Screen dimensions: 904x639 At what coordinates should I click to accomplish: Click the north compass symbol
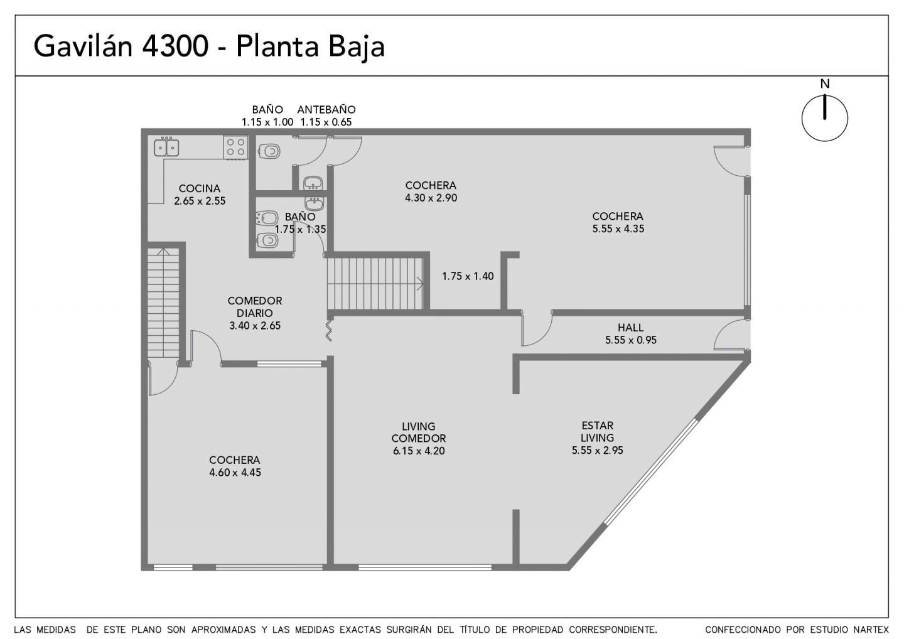(x=824, y=117)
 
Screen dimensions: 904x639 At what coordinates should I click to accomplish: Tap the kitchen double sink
(x=166, y=148)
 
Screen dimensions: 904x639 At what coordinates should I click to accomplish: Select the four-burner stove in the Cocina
(x=235, y=148)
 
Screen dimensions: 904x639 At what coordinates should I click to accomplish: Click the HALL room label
(x=630, y=328)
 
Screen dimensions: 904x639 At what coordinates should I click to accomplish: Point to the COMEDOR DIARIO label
(x=255, y=306)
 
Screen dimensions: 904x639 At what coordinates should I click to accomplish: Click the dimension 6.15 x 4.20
(x=419, y=451)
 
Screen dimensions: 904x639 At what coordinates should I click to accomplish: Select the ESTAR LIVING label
(x=597, y=432)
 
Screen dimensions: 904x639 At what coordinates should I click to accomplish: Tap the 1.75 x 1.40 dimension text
(x=468, y=276)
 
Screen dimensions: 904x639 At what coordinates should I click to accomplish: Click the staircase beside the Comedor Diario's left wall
(x=163, y=303)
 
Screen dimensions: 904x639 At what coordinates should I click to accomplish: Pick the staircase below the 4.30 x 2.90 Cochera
(x=375, y=284)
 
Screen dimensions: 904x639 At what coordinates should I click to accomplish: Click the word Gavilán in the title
(x=83, y=46)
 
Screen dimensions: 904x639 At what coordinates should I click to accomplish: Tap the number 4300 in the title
(x=176, y=46)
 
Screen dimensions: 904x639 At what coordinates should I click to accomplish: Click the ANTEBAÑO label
(x=326, y=109)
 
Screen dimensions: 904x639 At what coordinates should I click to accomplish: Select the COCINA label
(x=200, y=188)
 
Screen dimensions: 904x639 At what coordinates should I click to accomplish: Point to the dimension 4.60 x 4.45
(x=235, y=473)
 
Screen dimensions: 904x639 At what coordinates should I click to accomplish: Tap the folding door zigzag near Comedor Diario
(x=329, y=330)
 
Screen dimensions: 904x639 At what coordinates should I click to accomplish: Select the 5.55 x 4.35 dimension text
(x=618, y=228)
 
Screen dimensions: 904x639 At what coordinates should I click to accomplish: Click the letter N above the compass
(x=825, y=84)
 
